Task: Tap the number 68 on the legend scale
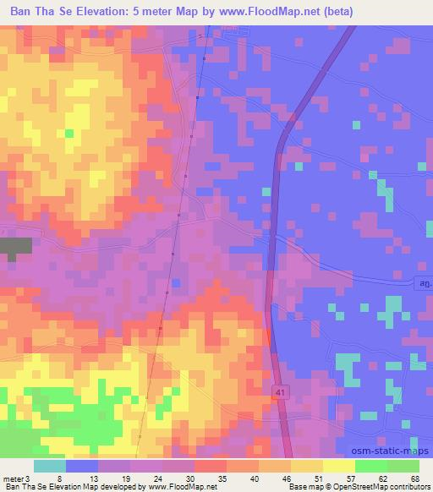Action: tap(414, 478)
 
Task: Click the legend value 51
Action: tap(293, 478)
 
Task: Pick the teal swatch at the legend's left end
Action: tap(49, 466)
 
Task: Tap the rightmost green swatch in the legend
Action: tap(403, 466)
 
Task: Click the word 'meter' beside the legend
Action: tap(13, 478)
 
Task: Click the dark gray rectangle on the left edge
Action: tap(15, 248)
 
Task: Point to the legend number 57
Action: tap(326, 478)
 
